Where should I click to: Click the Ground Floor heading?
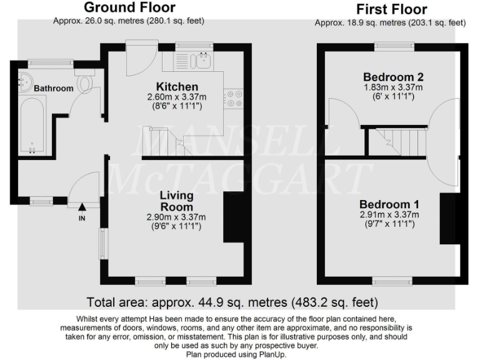[129, 8]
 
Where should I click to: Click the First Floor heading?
[391, 9]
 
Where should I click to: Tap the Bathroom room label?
[53, 89]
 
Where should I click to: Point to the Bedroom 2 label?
[394, 77]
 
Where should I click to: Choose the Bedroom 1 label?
[389, 204]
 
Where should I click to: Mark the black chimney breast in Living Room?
[232, 217]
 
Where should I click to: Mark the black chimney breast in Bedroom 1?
[448, 219]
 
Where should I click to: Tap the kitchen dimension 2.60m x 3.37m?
[177, 97]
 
